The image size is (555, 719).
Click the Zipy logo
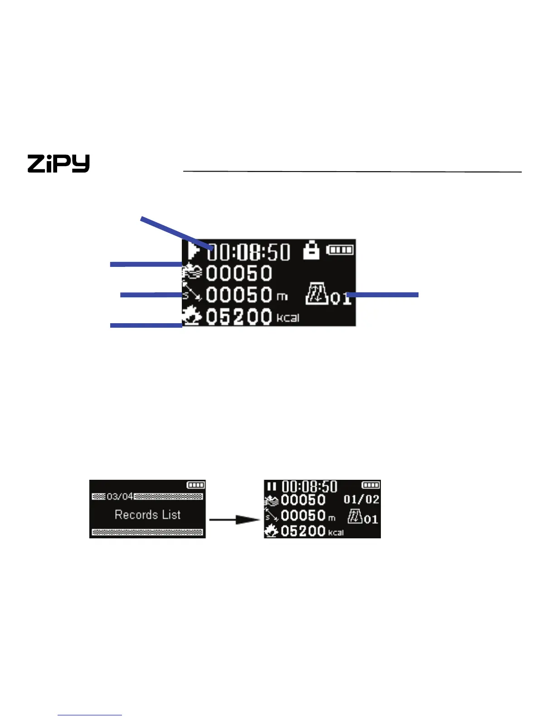[58, 163]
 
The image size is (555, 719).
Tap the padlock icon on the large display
[311, 250]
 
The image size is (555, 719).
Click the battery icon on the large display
[340, 250]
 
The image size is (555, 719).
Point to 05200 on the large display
[239, 316]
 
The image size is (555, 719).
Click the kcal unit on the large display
[288, 318]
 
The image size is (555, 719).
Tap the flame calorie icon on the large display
[192, 316]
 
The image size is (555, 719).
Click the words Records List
[147, 515]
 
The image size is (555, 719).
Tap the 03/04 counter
[120, 496]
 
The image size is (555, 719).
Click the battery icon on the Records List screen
[196, 485]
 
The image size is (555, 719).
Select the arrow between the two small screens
[234, 519]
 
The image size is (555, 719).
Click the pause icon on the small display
[271, 487]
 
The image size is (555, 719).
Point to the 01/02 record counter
[361, 499]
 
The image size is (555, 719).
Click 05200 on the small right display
[303, 531]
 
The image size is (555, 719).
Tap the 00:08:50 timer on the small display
[309, 487]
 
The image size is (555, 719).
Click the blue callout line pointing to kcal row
[146, 325]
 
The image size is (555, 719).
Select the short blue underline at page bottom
[90, 715]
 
